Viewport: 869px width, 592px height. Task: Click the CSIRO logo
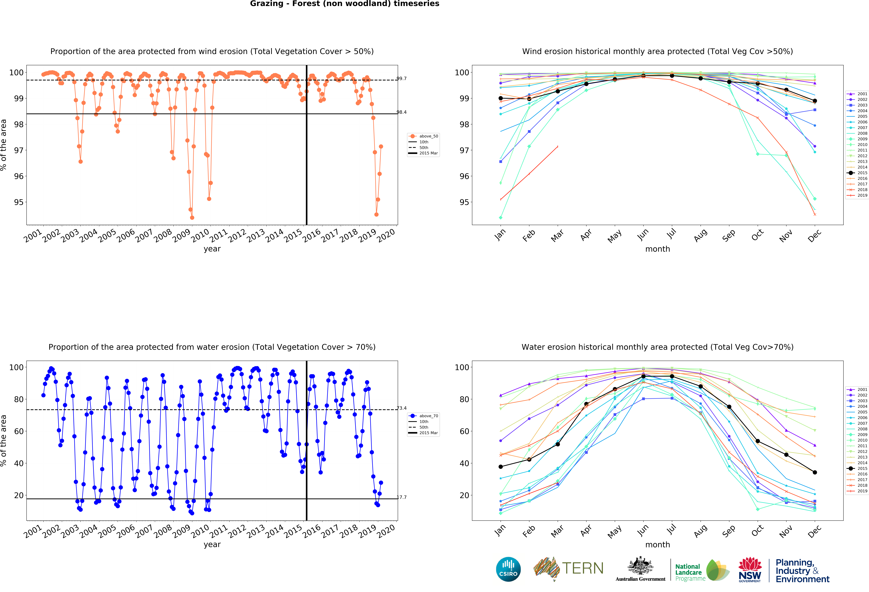pos(508,569)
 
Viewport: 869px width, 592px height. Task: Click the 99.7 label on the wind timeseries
pos(402,79)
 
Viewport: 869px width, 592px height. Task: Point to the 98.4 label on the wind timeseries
pos(402,112)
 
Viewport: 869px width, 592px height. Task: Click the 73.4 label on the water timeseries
pos(402,408)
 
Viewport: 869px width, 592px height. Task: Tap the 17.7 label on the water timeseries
pos(402,497)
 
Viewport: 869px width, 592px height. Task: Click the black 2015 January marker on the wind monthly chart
pos(501,98)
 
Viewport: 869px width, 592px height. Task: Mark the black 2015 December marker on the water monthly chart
pos(815,472)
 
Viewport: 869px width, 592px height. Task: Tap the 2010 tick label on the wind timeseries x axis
pos(200,235)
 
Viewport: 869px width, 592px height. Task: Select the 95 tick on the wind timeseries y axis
pos(18,202)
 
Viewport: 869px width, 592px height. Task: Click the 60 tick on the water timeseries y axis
pos(18,431)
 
